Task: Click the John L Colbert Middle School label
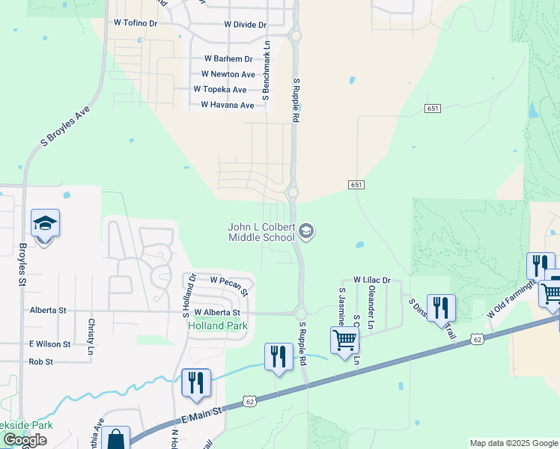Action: click(261, 232)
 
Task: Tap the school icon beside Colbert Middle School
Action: click(305, 232)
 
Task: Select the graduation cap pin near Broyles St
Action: click(45, 224)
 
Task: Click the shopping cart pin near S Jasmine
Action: click(344, 340)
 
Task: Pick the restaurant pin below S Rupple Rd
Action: click(279, 357)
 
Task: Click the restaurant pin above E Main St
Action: click(196, 383)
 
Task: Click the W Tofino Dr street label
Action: click(136, 23)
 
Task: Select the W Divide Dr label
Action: click(245, 25)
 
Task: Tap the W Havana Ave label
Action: click(228, 105)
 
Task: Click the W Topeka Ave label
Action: click(219, 90)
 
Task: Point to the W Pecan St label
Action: click(229, 281)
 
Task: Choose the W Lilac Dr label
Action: click(372, 280)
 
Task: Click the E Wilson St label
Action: click(50, 344)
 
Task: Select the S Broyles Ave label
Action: click(65, 125)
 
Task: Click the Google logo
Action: click(25, 440)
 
